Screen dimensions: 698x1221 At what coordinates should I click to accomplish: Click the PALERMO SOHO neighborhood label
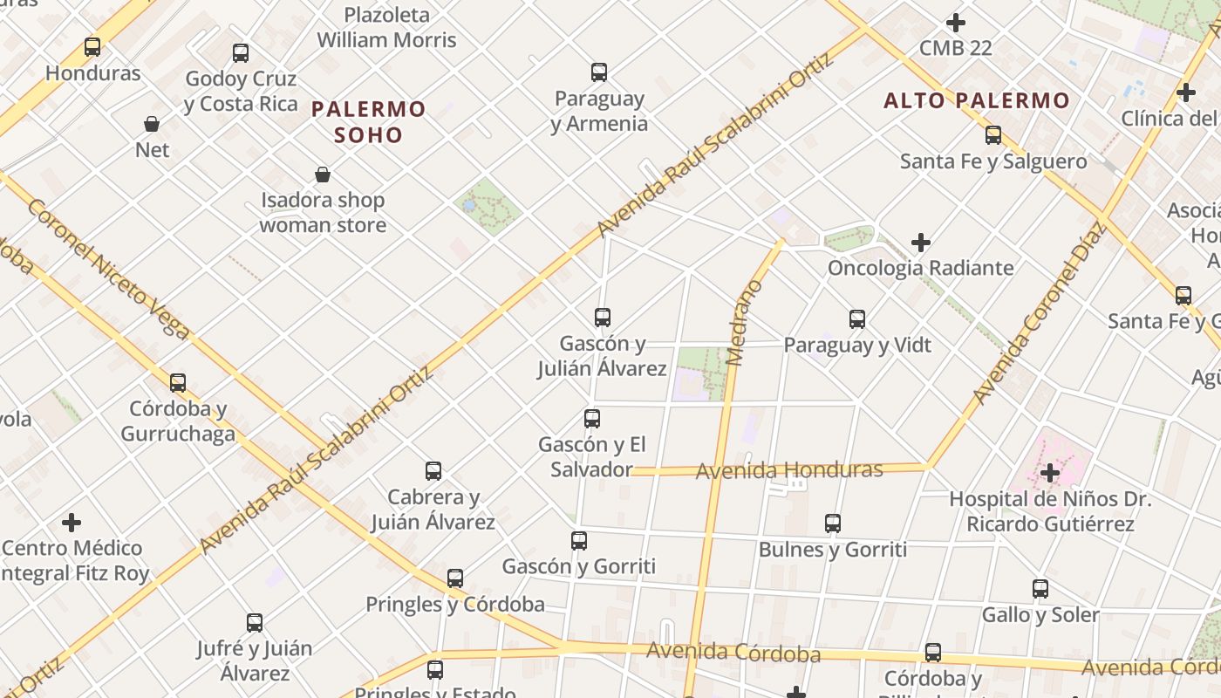pyautogui.click(x=368, y=121)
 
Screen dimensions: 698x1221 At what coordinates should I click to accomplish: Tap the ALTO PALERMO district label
pyautogui.click(x=977, y=100)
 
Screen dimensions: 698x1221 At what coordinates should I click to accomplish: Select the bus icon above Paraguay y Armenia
pyautogui.click(x=598, y=72)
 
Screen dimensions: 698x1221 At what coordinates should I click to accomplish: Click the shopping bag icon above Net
pyautogui.click(x=152, y=124)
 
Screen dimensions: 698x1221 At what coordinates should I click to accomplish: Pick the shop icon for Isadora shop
pyautogui.click(x=323, y=174)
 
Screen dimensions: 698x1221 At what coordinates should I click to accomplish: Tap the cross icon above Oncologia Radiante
pyautogui.click(x=920, y=243)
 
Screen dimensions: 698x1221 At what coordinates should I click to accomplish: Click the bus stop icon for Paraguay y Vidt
pyautogui.click(x=857, y=319)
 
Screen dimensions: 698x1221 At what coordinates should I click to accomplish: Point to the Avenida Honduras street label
pyautogui.click(x=789, y=470)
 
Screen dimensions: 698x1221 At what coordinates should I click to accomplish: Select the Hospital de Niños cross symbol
pyautogui.click(x=1050, y=474)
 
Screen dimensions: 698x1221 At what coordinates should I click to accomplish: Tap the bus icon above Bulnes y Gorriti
pyautogui.click(x=833, y=523)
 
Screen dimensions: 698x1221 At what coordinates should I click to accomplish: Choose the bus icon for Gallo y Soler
pyautogui.click(x=1040, y=589)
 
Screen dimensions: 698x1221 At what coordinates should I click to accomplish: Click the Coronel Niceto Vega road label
pyautogui.click(x=108, y=269)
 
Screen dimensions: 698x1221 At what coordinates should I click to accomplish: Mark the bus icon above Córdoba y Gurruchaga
pyautogui.click(x=178, y=383)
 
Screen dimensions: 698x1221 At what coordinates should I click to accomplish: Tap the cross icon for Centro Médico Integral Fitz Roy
pyautogui.click(x=72, y=523)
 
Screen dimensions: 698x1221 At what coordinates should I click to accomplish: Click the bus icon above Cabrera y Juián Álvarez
pyautogui.click(x=433, y=471)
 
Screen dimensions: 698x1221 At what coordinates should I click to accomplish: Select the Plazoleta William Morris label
pyautogui.click(x=386, y=27)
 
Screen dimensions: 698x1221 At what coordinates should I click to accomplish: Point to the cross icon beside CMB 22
pyautogui.click(x=956, y=23)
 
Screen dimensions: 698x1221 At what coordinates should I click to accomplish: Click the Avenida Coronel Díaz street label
pyautogui.click(x=1039, y=314)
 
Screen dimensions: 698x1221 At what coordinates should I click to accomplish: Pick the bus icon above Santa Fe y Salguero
pyautogui.click(x=993, y=135)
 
